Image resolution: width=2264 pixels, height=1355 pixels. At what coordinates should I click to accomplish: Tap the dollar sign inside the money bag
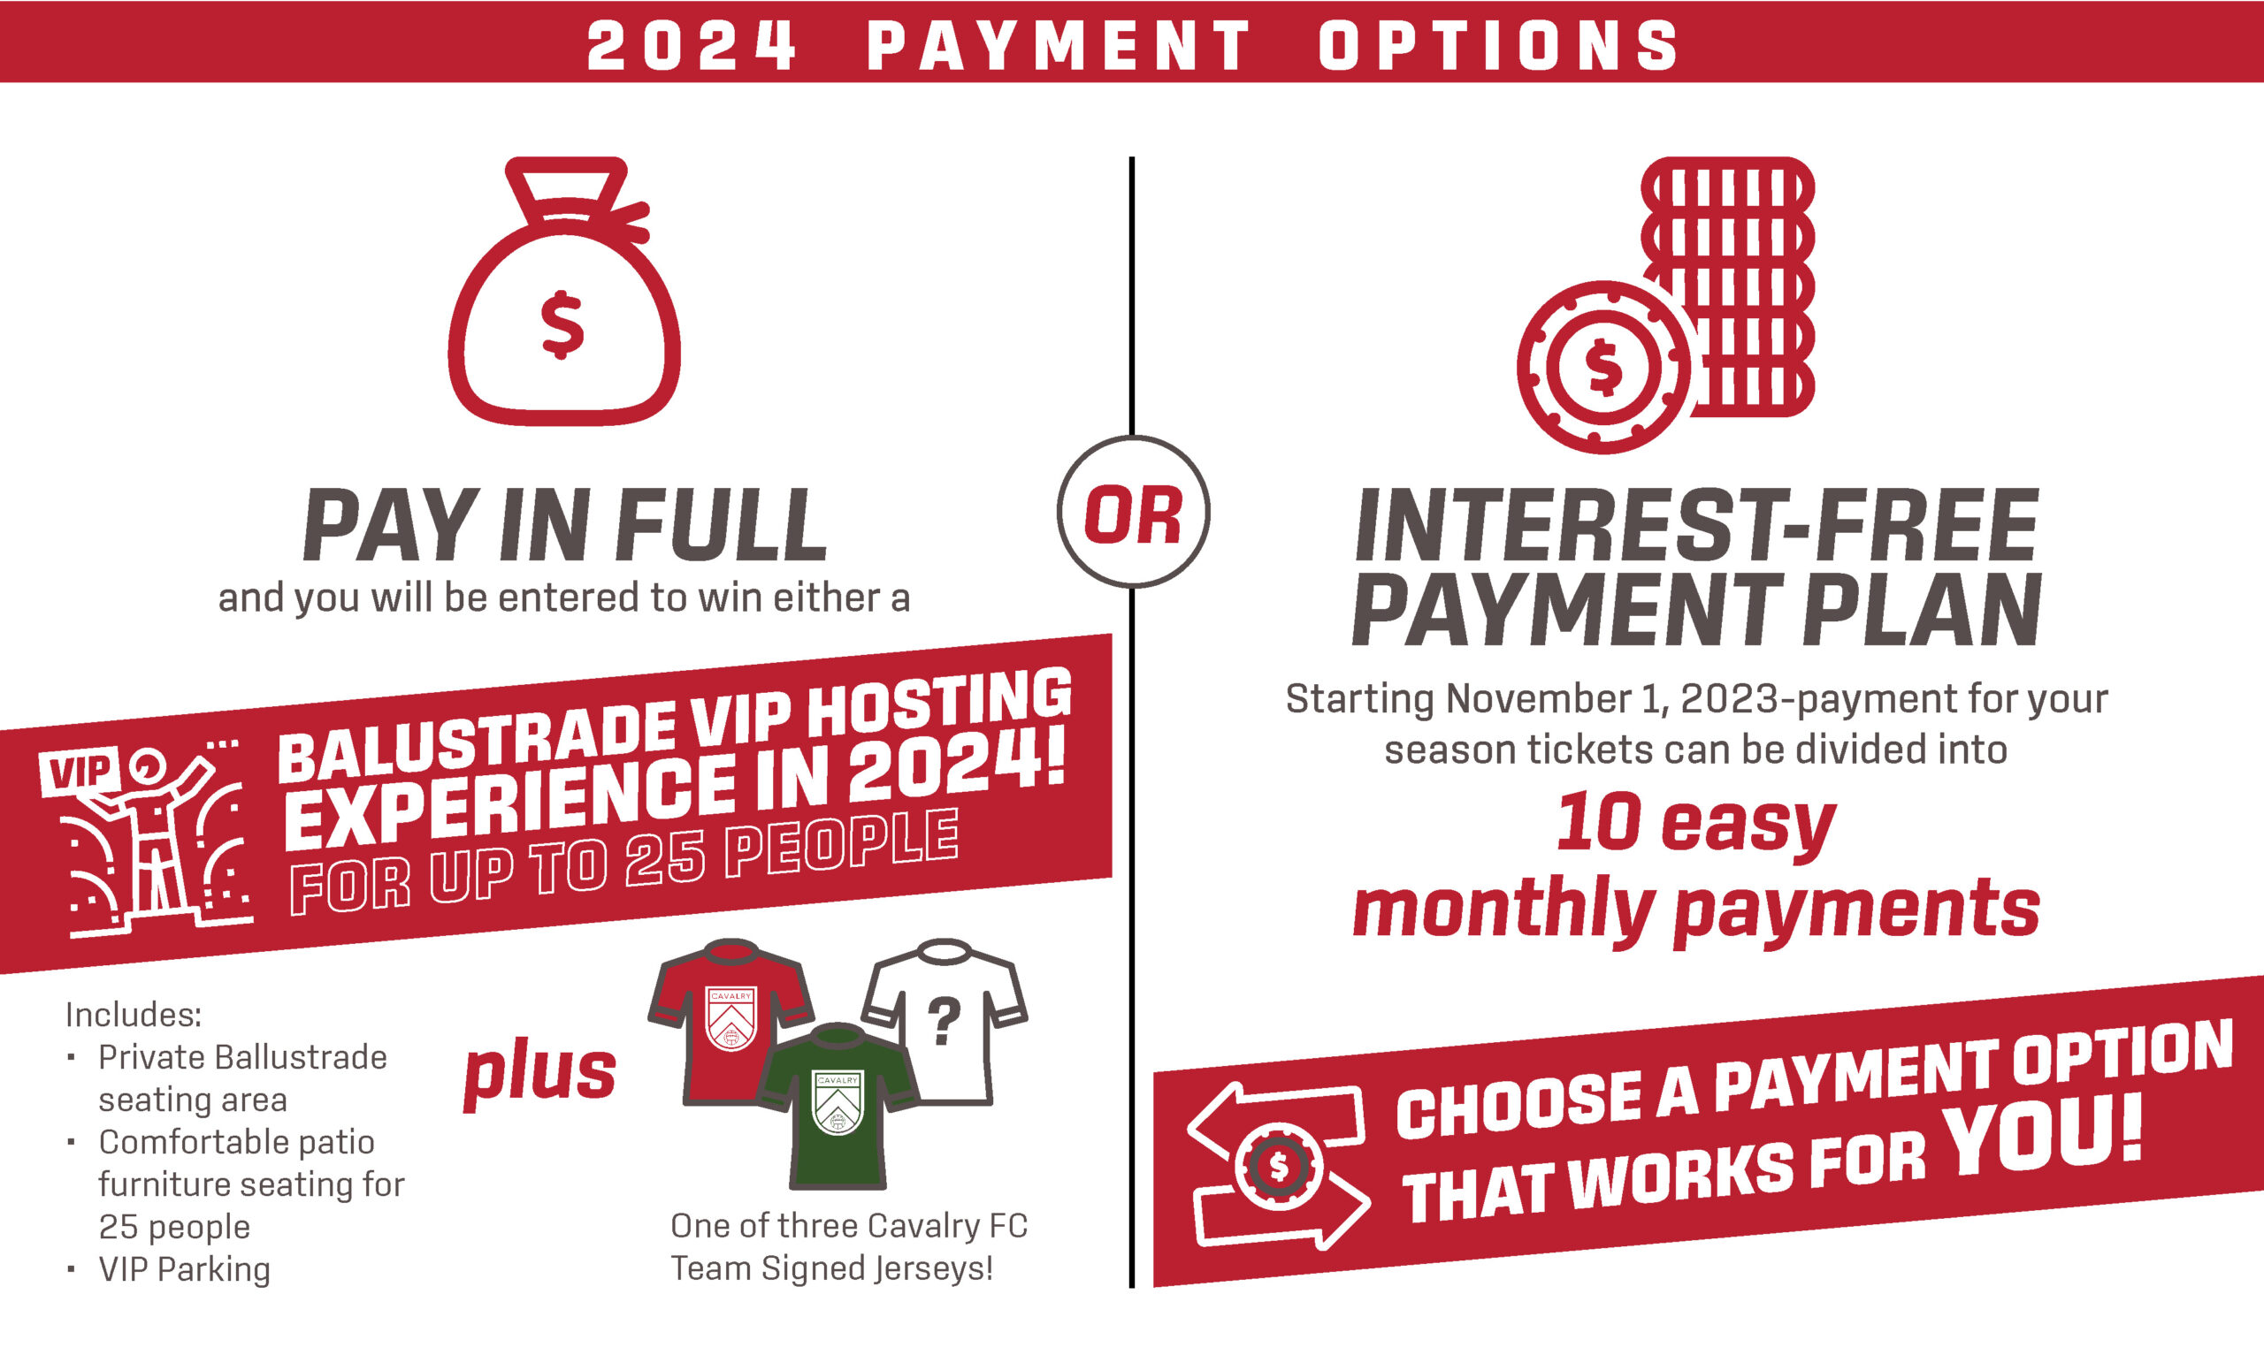(562, 325)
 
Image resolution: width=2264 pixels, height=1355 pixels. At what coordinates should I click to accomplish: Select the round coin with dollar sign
(1603, 367)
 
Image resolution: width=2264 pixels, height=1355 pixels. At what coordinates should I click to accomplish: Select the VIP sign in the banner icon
(80, 773)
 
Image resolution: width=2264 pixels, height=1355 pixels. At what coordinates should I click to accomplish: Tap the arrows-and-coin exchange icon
(1279, 1166)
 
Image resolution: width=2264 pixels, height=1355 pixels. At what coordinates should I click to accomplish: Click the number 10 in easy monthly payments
(1597, 822)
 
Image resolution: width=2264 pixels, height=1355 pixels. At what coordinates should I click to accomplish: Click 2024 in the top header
(692, 46)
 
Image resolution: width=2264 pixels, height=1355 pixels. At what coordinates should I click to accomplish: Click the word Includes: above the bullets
(134, 1015)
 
